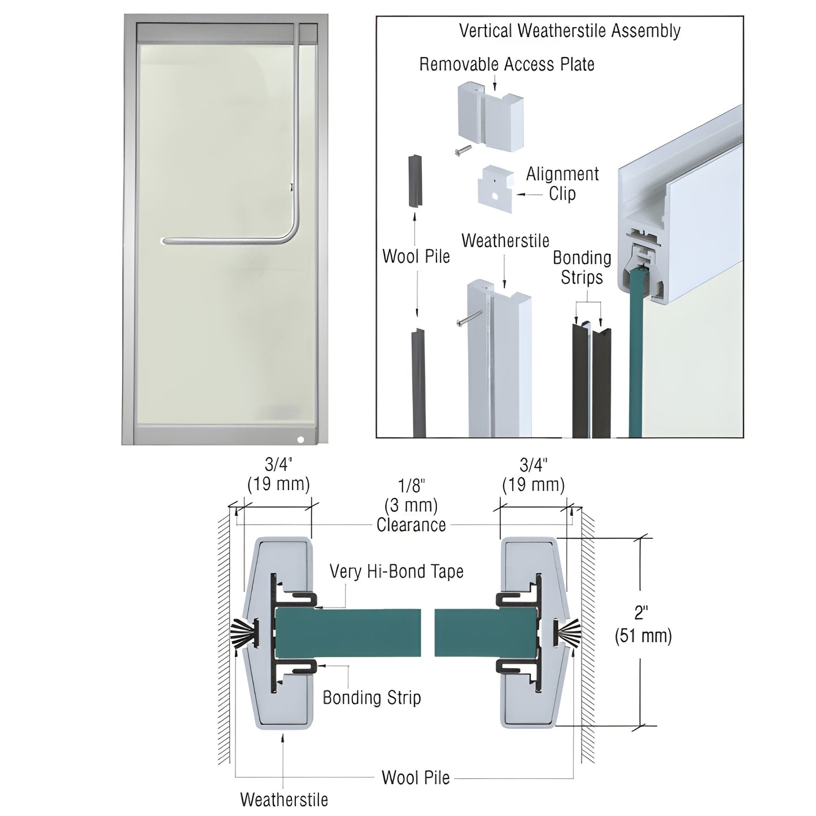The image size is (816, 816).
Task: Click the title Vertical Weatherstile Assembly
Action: tap(569, 30)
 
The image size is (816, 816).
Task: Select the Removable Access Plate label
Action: tap(507, 64)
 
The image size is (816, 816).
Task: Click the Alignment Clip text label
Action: tap(562, 184)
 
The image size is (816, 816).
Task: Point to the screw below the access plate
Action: tap(462, 150)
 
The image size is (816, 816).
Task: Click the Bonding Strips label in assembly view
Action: tap(582, 267)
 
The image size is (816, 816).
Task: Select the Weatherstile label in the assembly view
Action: tap(505, 241)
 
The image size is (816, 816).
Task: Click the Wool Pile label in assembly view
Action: tap(416, 256)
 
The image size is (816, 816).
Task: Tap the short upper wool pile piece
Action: tap(414, 180)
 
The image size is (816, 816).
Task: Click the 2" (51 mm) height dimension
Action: tap(643, 624)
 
